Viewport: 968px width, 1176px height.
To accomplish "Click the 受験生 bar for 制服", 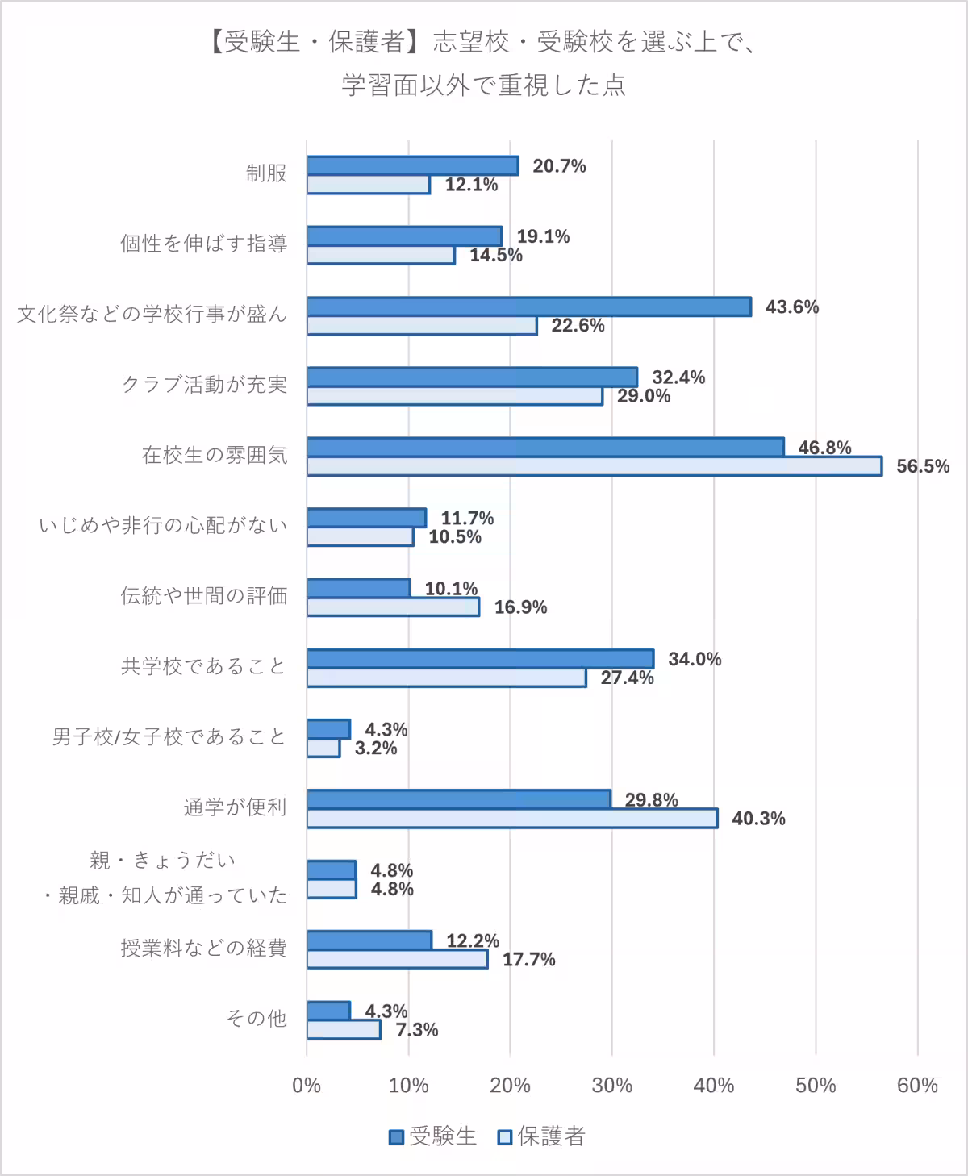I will (412, 165).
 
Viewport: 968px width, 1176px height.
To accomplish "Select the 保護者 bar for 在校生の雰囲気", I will (595, 466).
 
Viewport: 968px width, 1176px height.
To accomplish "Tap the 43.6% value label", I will (791, 307).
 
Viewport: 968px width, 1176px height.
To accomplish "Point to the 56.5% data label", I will (922, 466).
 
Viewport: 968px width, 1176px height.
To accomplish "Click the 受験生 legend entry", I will (433, 1136).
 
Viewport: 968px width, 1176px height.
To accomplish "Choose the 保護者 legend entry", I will (542, 1136).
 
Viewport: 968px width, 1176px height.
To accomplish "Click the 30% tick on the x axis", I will (611, 1086).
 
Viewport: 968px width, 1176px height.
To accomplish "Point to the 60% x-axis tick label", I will (917, 1086).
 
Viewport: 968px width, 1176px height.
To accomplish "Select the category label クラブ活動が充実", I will (204, 385).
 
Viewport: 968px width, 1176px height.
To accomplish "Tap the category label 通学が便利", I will (235, 807).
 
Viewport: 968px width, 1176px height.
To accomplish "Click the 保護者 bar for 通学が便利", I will (512, 818).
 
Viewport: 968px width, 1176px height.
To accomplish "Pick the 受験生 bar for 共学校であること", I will (480, 659).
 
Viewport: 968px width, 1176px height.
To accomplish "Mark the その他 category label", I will (257, 1019).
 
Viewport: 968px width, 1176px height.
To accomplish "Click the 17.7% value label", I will (528, 959).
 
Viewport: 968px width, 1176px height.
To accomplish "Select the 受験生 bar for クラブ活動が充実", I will (472, 377).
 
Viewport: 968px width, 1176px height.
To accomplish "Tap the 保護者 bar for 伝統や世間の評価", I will (393, 607).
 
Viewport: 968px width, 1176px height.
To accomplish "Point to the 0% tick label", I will (307, 1086).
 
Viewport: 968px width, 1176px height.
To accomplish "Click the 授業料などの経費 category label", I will (204, 948).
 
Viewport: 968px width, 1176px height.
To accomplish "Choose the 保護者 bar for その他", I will (344, 1029).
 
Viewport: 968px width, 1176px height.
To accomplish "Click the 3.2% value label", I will (376, 748).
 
